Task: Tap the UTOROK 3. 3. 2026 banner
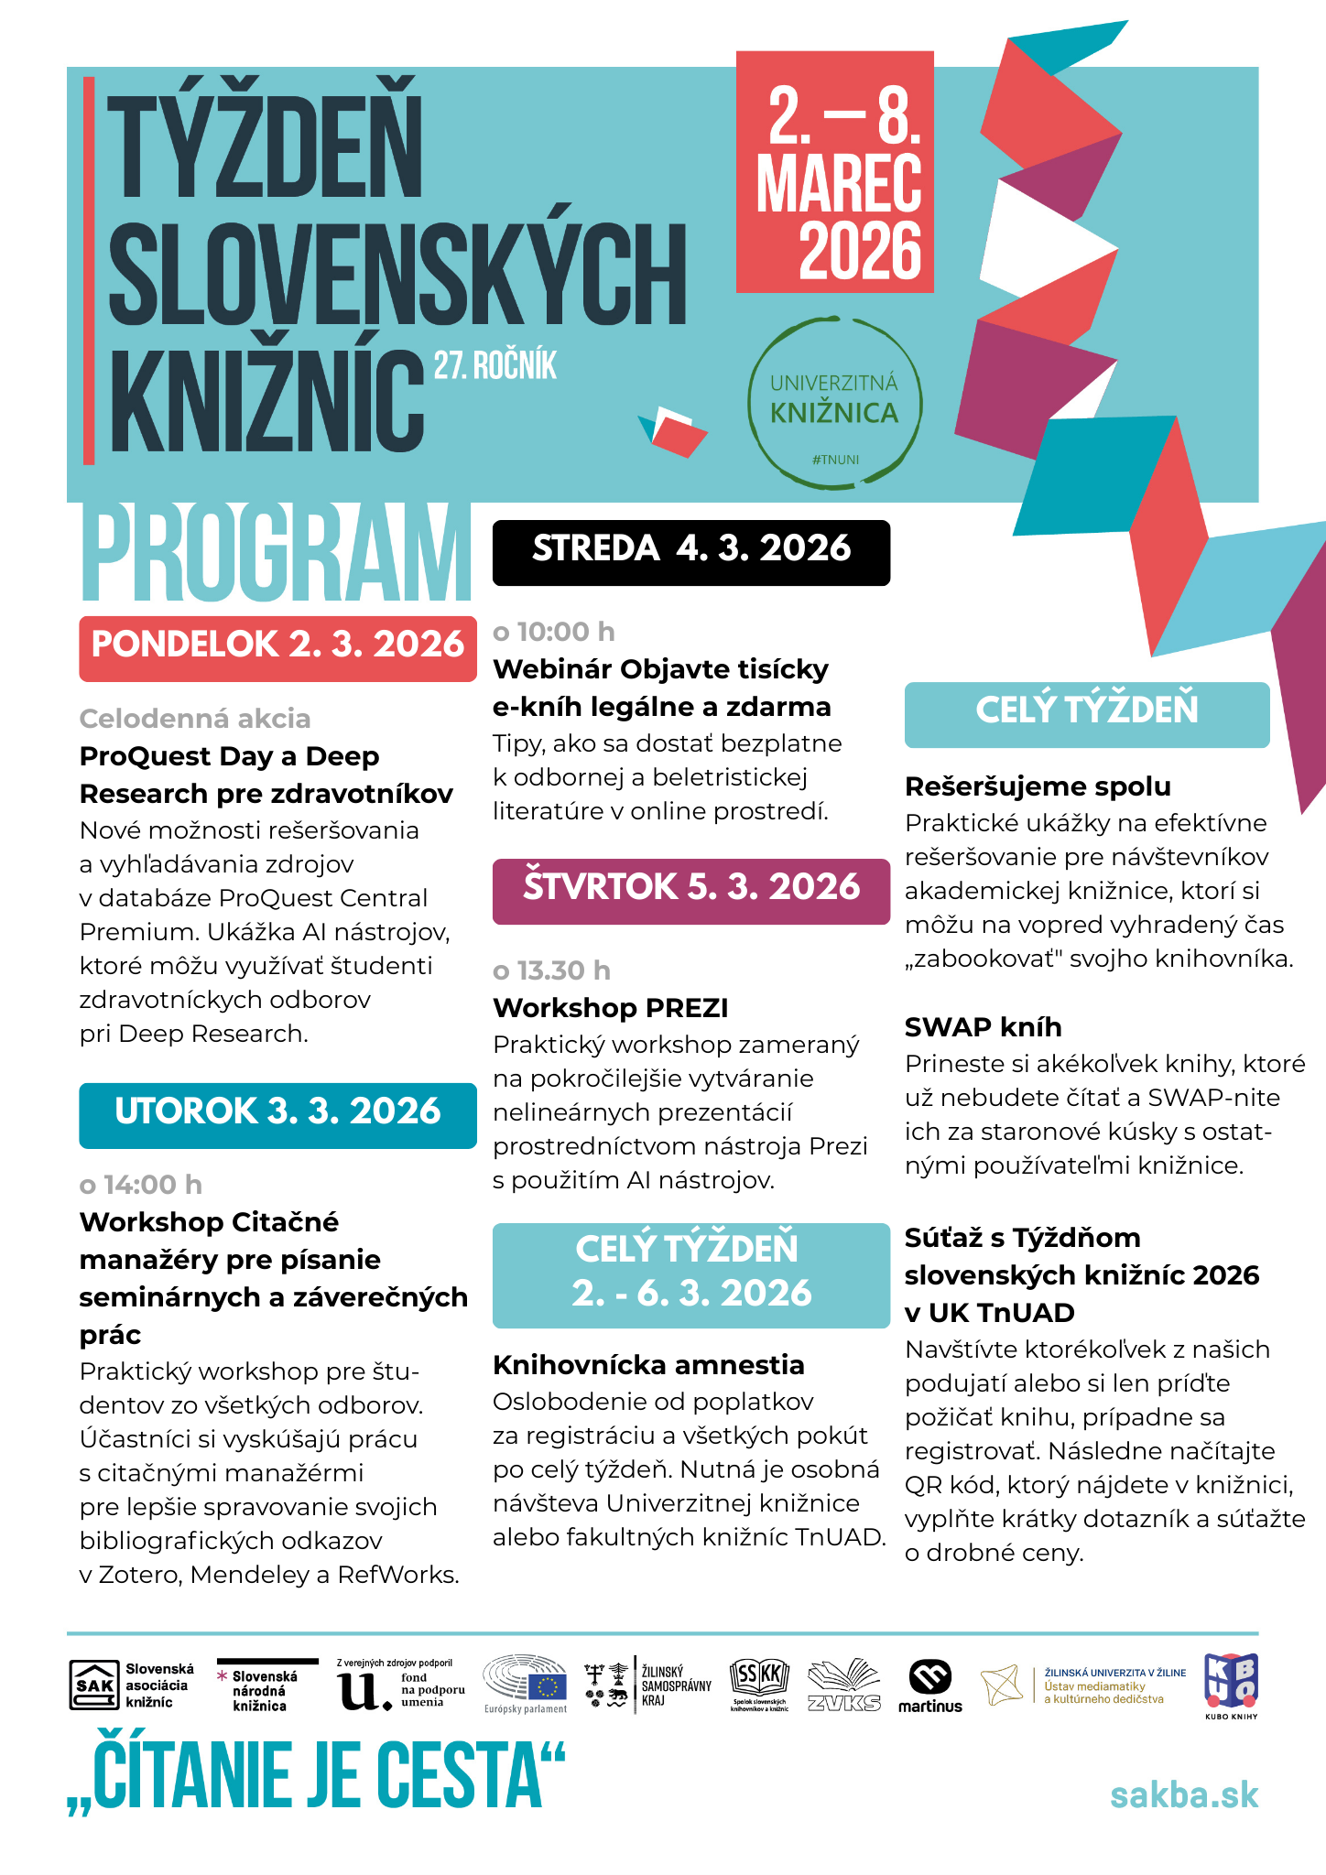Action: click(277, 1113)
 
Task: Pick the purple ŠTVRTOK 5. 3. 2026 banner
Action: click(691, 889)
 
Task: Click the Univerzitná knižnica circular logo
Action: click(834, 404)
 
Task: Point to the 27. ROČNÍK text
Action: click(495, 365)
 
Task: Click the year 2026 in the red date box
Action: click(859, 250)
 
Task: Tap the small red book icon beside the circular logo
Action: click(675, 431)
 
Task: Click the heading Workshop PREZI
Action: click(610, 1008)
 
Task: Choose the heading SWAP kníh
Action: click(983, 1027)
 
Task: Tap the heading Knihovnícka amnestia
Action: click(648, 1365)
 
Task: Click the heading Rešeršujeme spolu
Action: click(1038, 786)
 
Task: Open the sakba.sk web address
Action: click(1184, 1795)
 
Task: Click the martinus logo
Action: click(929, 1686)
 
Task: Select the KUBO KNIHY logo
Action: click(1231, 1685)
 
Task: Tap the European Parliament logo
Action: click(526, 1684)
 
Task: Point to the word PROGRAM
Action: click(275, 555)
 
